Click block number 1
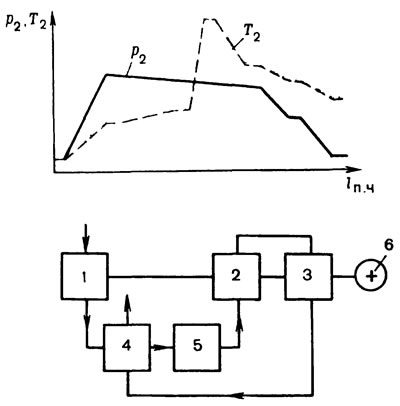click(x=85, y=276)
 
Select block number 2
click(x=237, y=276)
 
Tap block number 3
click(x=308, y=276)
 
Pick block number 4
click(x=126, y=347)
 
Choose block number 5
click(x=197, y=347)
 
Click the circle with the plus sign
click(x=370, y=276)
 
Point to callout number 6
click(x=389, y=245)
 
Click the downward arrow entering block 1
click(x=86, y=239)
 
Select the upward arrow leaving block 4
click(x=127, y=309)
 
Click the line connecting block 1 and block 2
click(x=161, y=276)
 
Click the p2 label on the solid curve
click(x=139, y=57)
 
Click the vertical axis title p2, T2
click(x=24, y=22)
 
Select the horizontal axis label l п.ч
click(x=359, y=187)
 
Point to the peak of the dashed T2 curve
click(x=209, y=19)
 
